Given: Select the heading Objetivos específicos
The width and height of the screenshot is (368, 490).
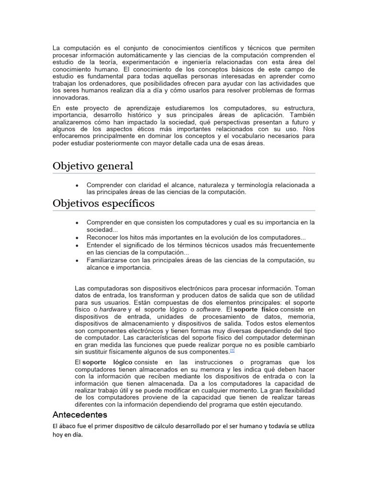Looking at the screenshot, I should point(103,203).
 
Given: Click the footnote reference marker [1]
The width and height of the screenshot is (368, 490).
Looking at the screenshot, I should point(232,350).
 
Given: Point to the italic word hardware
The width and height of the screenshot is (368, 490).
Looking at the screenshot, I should point(113,310).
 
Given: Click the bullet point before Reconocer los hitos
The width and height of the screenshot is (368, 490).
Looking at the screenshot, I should point(77,238).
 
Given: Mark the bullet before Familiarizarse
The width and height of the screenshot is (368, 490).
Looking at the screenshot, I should point(77,260).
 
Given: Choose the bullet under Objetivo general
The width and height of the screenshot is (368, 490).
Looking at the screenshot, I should point(77,185).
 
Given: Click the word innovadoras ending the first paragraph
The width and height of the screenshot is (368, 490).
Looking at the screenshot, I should point(71,98).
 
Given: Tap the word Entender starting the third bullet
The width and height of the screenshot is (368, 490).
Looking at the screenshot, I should point(100,245).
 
